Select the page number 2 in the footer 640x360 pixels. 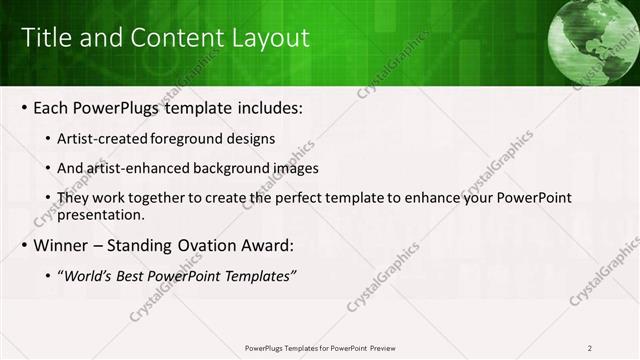[589, 348]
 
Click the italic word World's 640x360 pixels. [90, 275]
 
